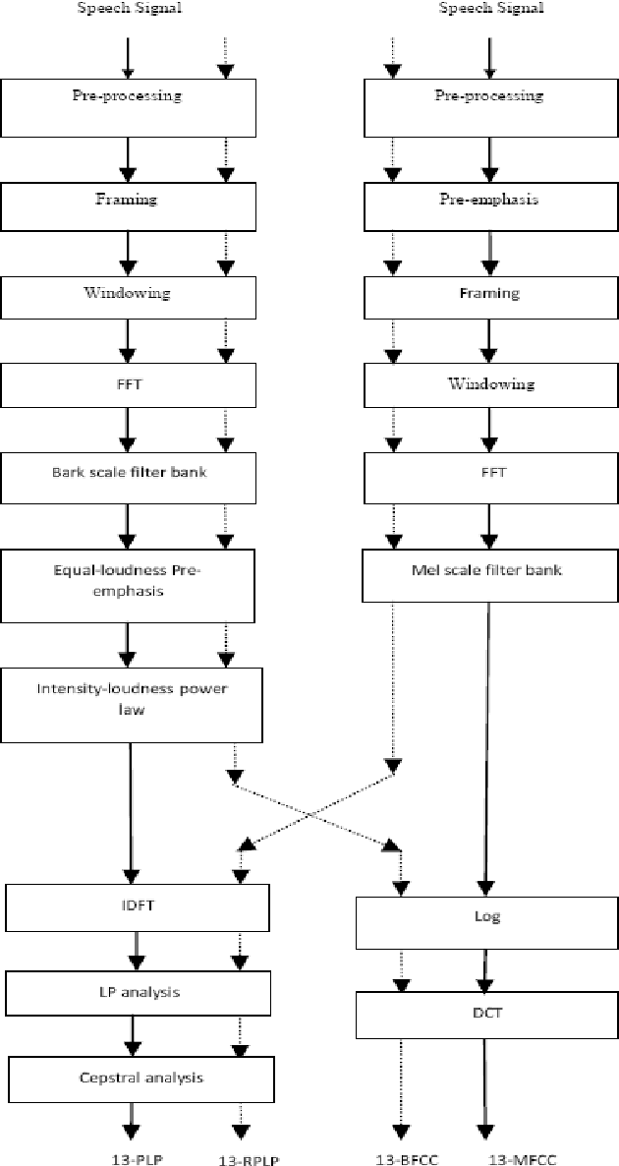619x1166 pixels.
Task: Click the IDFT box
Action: (x=137, y=906)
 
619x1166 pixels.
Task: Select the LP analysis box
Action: (x=137, y=992)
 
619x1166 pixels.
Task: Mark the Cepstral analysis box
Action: (x=140, y=1078)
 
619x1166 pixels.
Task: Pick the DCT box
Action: (x=486, y=1014)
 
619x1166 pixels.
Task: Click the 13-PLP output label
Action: (x=135, y=1158)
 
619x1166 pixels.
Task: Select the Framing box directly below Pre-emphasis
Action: (x=490, y=294)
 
